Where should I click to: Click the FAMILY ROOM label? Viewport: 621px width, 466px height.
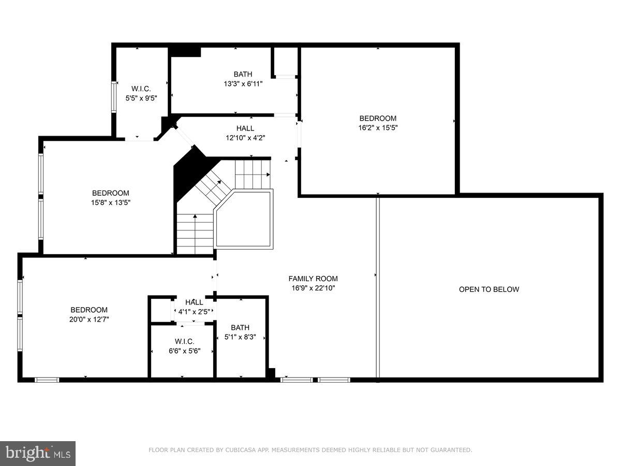pyautogui.click(x=313, y=279)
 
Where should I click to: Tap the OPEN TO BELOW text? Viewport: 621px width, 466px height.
pyautogui.click(x=489, y=289)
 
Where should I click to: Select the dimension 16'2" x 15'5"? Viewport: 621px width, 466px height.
pyautogui.click(x=378, y=127)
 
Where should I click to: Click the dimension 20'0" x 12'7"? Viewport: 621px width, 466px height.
pyautogui.click(x=90, y=319)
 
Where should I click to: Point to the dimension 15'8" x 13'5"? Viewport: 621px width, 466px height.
pyautogui.click(x=111, y=203)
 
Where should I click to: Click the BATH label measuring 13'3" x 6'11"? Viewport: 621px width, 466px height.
pyautogui.click(x=243, y=75)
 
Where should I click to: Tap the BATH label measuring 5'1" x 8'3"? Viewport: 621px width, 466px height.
pyautogui.click(x=240, y=327)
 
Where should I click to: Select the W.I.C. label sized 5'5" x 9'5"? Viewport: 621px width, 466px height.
pyautogui.click(x=141, y=88)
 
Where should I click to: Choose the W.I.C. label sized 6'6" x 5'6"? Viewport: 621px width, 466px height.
pyautogui.click(x=184, y=341)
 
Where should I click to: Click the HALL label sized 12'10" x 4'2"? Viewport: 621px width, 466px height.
pyautogui.click(x=245, y=128)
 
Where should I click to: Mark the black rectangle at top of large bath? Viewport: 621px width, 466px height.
pyautogui.click(x=185, y=52)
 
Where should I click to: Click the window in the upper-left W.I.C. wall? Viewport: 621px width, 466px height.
pyautogui.click(x=114, y=97)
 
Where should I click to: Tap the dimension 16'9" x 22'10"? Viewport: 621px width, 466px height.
pyautogui.click(x=313, y=288)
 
